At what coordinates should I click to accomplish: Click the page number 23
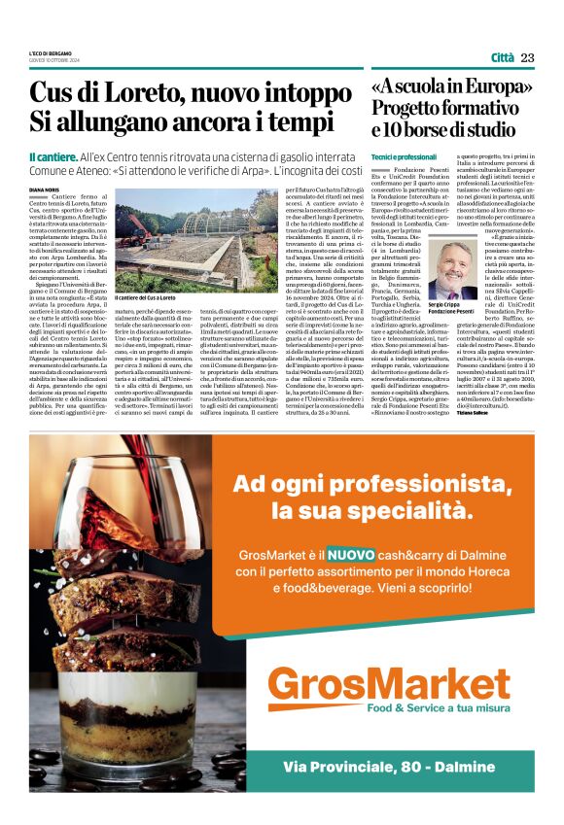527,58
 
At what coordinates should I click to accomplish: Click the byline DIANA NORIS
45,190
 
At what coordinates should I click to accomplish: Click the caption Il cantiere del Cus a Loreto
146,297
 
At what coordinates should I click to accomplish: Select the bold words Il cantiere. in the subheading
53,156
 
